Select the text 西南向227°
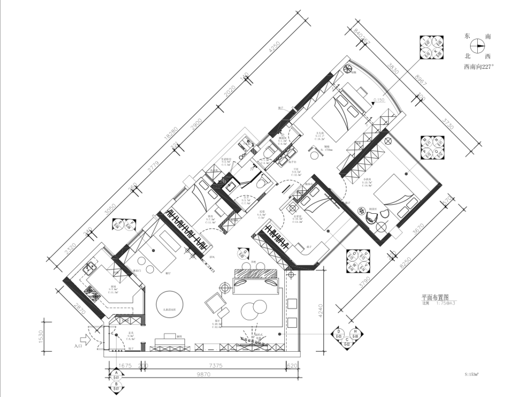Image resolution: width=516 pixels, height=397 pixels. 478,67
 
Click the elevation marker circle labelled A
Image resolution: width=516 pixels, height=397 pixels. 116,374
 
